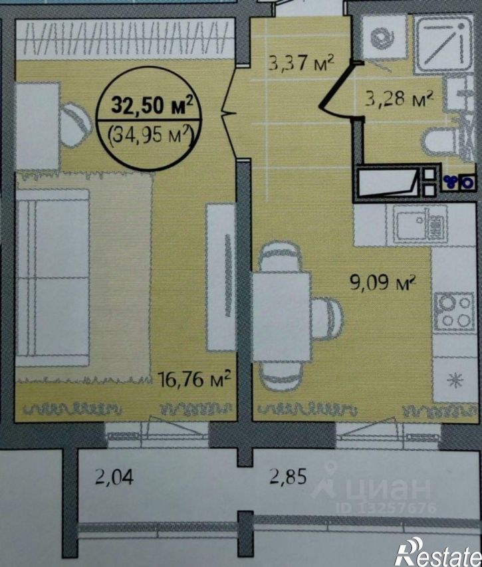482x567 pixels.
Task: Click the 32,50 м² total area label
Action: click(152, 105)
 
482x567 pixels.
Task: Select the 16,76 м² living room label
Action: click(195, 380)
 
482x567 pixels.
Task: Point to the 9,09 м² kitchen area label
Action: click(383, 282)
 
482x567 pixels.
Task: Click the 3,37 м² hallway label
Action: click(301, 63)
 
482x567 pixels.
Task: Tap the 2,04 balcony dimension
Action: click(114, 477)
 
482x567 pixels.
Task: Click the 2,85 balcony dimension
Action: click(288, 477)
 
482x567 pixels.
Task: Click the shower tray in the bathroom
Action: click(443, 43)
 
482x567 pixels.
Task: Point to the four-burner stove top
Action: click(454, 312)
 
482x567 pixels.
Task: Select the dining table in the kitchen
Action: click(281, 317)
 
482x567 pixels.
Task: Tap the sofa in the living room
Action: click(53, 277)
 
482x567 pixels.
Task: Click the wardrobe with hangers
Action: click(125, 39)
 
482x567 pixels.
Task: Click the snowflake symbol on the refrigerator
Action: click(455, 380)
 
